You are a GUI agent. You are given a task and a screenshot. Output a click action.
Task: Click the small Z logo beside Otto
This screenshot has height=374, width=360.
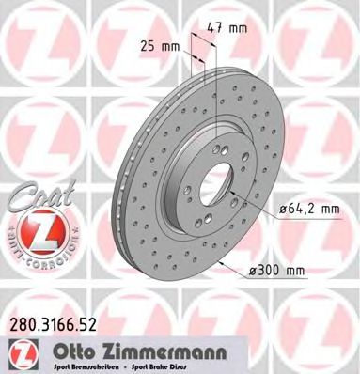[x=20, y=352]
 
